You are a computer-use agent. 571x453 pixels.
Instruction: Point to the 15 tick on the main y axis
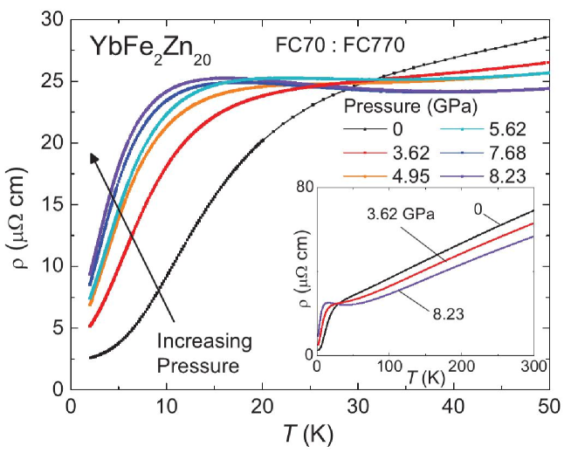51,204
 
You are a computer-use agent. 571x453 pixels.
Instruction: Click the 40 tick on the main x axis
452,406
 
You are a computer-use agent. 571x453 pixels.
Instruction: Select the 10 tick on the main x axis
165,406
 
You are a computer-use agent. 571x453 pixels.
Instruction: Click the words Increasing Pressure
204,350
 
